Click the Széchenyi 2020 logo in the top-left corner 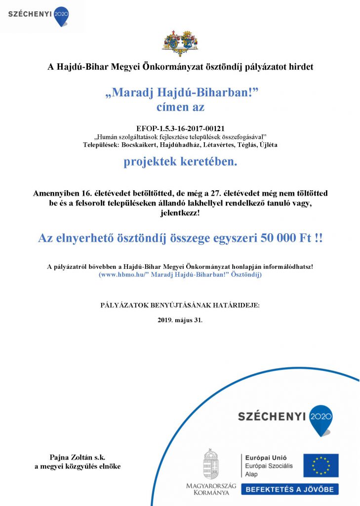[x=39, y=14]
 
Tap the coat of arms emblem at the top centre [x=180, y=43]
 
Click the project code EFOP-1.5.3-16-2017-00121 [x=180, y=127]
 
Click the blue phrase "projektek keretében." [x=180, y=162]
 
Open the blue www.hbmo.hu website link [x=180, y=274]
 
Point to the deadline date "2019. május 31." [x=180, y=320]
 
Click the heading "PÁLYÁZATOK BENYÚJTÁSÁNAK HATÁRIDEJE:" [x=180, y=305]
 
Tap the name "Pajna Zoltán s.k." [x=78, y=458]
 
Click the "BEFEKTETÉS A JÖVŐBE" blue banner [x=290, y=490]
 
